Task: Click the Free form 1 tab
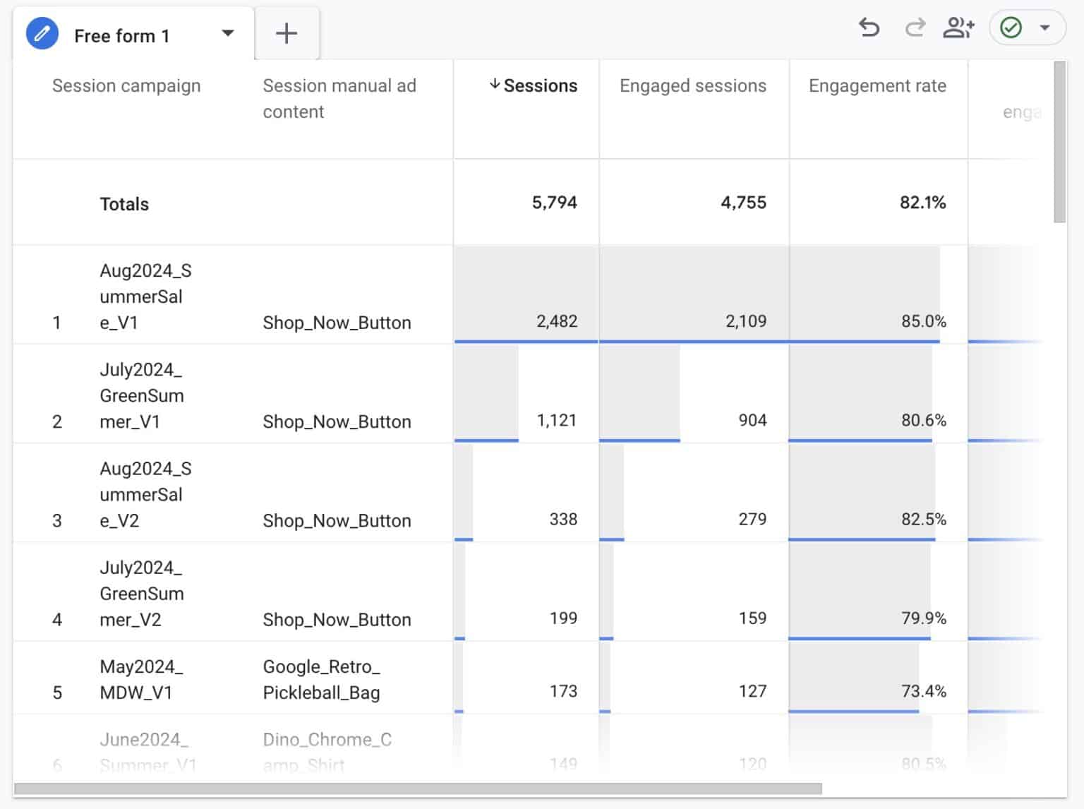121,35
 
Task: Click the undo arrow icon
869,28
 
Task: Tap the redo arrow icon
915,28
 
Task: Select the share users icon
958,28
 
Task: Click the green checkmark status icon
1011,28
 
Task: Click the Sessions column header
540,85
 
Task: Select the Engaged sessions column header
692,85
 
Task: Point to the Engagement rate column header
877,85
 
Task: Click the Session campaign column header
126,85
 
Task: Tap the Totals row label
124,204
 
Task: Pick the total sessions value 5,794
554,203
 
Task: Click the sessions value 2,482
556,321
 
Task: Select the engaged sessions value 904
752,420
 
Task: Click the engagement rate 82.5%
923,519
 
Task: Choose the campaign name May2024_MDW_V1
140,679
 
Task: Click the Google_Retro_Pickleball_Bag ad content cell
321,679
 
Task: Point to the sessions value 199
563,618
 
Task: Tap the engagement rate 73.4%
923,691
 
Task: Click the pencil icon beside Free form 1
42,34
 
